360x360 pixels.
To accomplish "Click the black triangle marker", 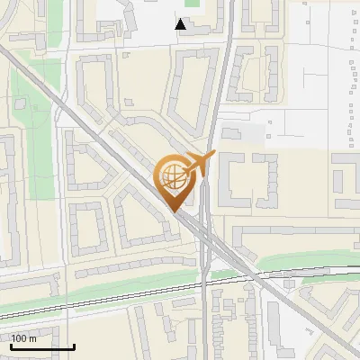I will (182, 24).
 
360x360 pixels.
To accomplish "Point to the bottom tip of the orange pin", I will (173, 212).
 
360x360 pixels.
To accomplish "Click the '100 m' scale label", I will (24, 338).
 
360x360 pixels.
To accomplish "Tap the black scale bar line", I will (41, 346).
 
